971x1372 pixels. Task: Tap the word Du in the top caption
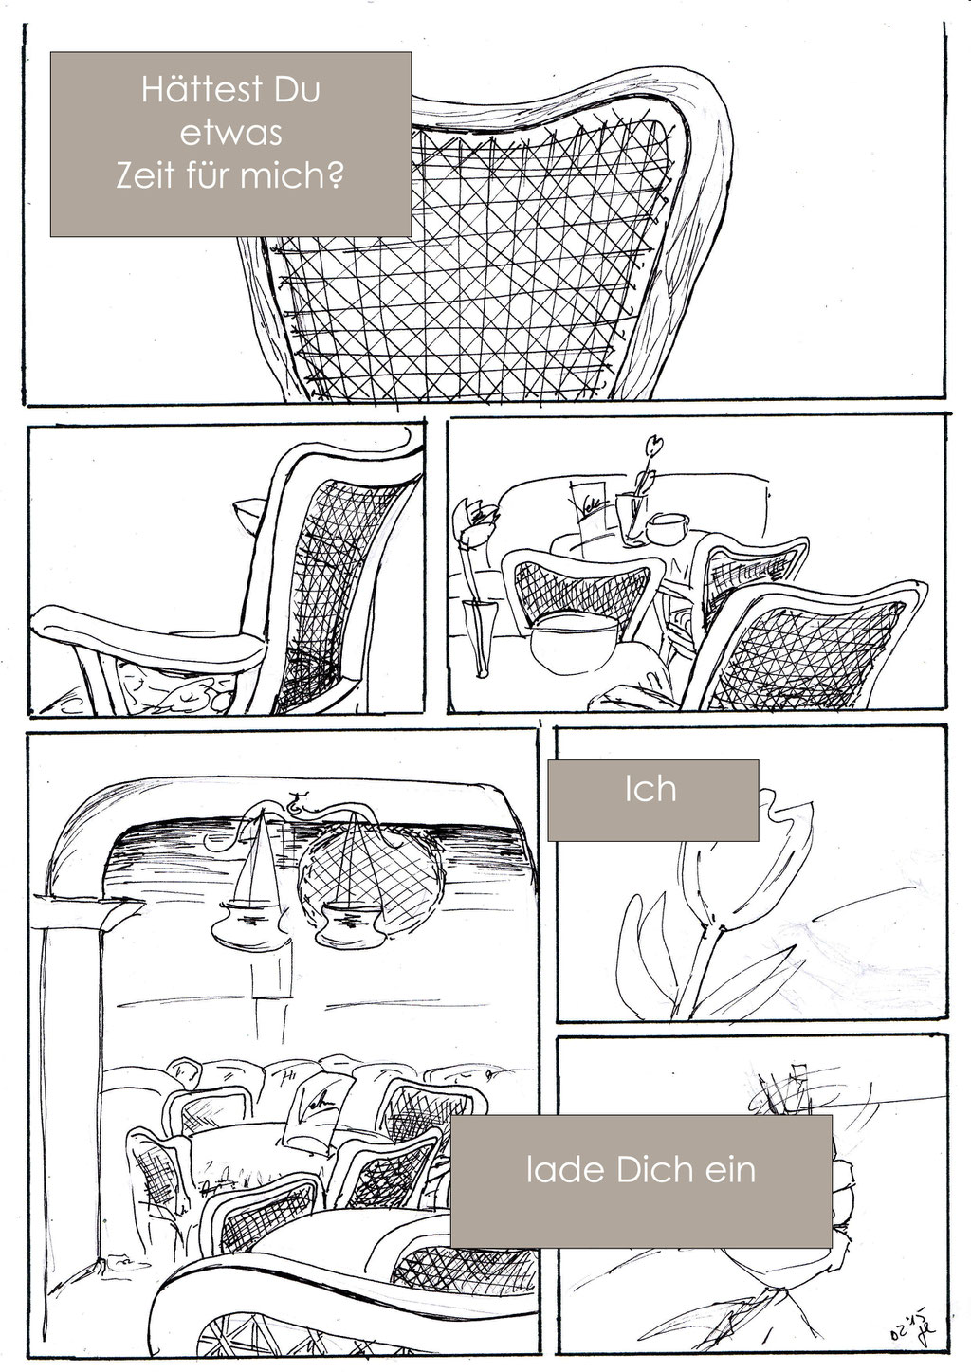297,89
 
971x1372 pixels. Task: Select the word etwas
231,133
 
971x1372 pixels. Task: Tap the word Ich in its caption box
650,790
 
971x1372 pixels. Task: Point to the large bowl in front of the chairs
574,643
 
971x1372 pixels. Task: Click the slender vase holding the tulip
479,637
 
